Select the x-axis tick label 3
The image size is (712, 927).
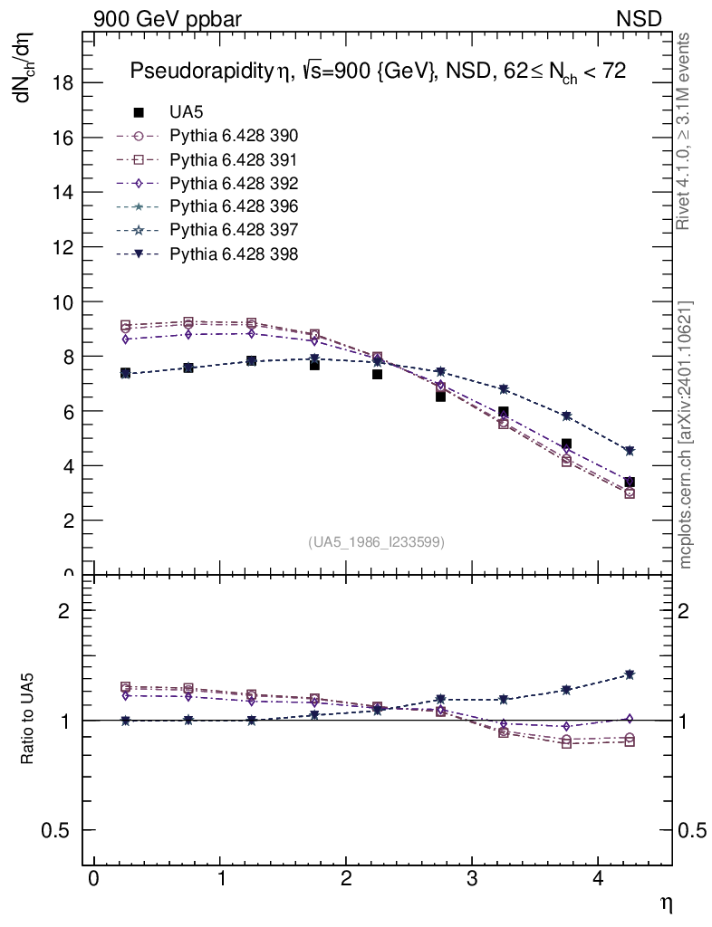(x=472, y=879)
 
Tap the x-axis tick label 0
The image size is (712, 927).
(x=93, y=879)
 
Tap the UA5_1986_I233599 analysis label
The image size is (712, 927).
(x=376, y=542)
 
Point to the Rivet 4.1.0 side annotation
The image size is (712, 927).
(x=686, y=131)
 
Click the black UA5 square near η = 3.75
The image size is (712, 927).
(x=566, y=444)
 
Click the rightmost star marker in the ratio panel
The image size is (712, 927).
(x=630, y=674)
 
